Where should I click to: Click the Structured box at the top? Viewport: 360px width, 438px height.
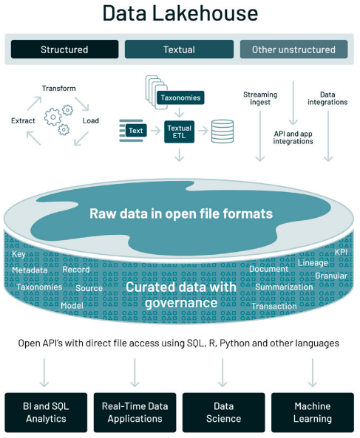(64, 49)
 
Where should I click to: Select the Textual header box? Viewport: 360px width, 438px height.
(179, 49)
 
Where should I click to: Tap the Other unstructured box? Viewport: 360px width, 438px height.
(293, 49)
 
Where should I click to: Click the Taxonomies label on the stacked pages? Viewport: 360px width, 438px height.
(180, 97)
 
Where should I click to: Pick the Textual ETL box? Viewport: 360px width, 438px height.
(179, 132)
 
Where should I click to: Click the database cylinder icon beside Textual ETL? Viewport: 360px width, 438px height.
(223, 131)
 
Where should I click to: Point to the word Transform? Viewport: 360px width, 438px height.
(58, 89)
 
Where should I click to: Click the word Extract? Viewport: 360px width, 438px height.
(23, 120)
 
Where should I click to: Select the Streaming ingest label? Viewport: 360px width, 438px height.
(260, 98)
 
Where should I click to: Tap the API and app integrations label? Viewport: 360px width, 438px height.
(293, 137)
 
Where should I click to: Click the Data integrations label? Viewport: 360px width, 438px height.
(327, 98)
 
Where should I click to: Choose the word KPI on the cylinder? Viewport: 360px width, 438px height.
(341, 252)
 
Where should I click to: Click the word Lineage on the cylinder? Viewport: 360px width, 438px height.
(313, 263)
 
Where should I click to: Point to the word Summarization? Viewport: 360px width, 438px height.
(284, 287)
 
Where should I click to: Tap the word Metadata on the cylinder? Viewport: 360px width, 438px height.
(30, 270)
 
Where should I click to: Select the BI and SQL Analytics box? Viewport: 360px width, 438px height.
(46, 412)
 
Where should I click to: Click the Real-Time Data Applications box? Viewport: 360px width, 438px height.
(135, 412)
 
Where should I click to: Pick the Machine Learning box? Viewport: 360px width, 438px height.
(313, 412)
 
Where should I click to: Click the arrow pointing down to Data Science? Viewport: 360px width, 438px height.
(223, 373)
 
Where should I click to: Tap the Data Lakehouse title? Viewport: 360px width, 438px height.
(180, 13)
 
